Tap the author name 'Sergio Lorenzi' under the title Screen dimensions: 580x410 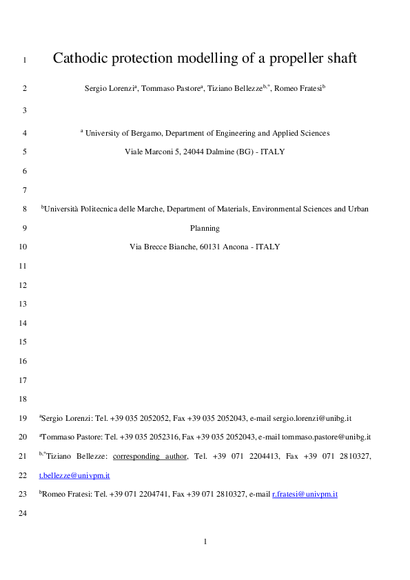pos(110,89)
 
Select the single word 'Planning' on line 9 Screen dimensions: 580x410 pos(205,227)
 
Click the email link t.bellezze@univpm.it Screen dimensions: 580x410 pos(74,475)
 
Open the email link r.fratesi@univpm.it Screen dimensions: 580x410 pos(305,494)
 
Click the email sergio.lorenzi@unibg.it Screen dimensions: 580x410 pos(313,418)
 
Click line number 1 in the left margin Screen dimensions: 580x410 pos(25,59)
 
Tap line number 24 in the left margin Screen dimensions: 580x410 pos(23,513)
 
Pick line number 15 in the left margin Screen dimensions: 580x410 pos(23,342)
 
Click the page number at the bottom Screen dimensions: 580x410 pos(205,541)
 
